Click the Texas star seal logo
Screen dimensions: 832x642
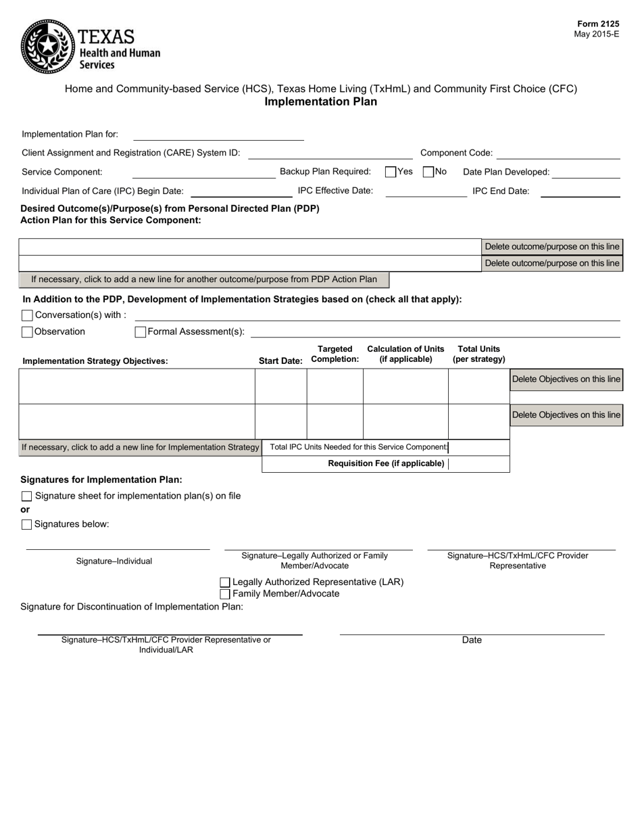point(47,46)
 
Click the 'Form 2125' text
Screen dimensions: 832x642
point(597,24)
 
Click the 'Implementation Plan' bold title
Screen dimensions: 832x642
point(320,102)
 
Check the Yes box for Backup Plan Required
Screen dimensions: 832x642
point(391,172)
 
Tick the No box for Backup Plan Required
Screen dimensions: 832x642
point(428,172)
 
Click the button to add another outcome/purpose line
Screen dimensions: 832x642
point(204,279)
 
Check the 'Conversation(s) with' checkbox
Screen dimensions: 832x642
point(27,315)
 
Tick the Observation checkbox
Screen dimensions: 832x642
point(27,332)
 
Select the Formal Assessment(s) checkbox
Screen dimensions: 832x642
point(141,332)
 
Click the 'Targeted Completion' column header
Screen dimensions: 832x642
point(335,354)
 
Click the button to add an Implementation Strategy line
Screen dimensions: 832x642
point(140,447)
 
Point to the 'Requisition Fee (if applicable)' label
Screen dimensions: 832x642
point(386,463)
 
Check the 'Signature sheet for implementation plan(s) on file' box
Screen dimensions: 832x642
point(27,496)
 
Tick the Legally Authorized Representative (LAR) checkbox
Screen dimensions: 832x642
point(225,582)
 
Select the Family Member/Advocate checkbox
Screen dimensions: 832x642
point(225,594)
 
